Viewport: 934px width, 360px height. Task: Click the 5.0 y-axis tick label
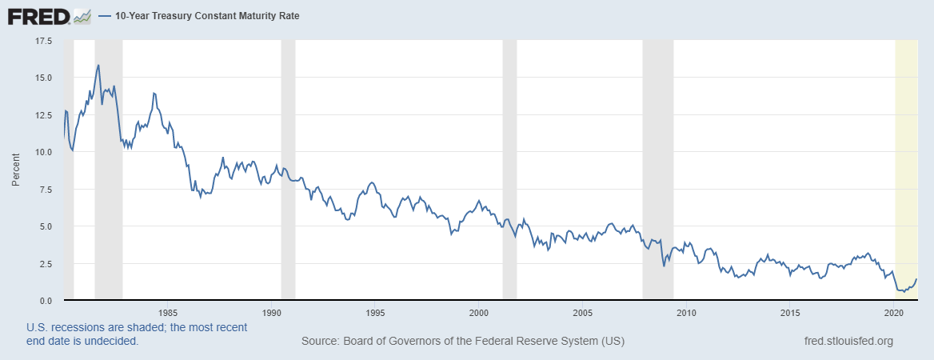click(45, 226)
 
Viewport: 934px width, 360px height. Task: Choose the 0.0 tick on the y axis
click(45, 301)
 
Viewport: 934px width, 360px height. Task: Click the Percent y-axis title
click(15, 170)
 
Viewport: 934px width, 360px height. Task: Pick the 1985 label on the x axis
click(167, 312)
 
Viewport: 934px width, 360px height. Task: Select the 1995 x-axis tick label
click(375, 312)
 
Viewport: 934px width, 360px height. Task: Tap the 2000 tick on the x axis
click(478, 312)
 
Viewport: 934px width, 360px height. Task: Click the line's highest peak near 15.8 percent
click(98, 66)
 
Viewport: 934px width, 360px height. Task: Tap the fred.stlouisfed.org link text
click(848, 342)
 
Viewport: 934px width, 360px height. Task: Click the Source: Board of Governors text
click(462, 342)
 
